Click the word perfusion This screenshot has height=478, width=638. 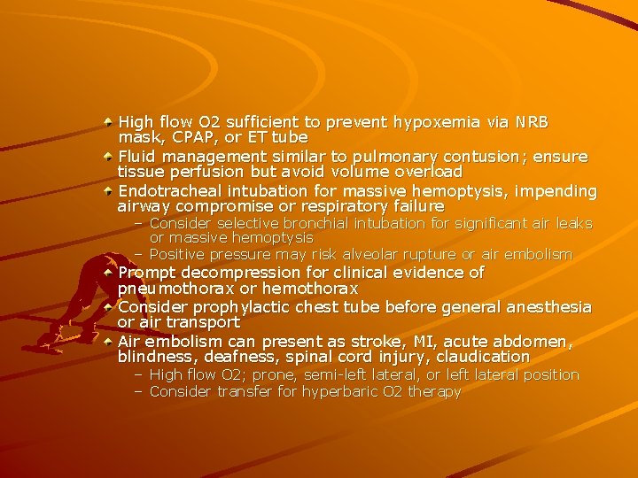[198, 172]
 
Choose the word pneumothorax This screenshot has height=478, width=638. [176, 289]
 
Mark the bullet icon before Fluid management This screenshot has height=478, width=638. [107, 156]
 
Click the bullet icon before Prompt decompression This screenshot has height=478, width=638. [107, 273]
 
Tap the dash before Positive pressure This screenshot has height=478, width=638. [139, 255]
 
